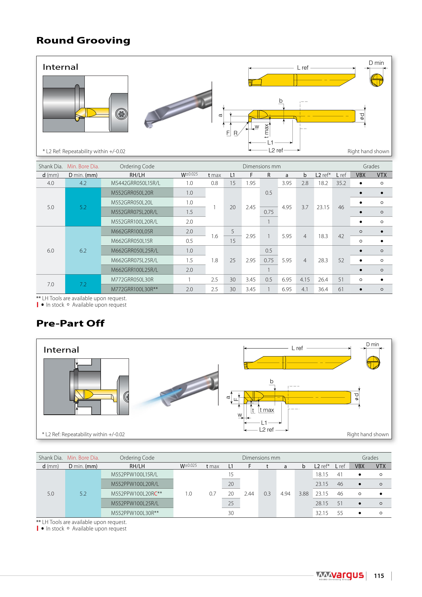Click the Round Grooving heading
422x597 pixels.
83,41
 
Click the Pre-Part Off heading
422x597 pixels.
70,323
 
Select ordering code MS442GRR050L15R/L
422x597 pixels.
135,183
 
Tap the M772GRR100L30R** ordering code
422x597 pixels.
134,289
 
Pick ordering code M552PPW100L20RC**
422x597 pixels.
136,494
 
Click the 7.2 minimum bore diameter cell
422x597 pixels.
83,284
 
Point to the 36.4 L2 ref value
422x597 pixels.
323,289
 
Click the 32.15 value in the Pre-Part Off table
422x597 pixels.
322,513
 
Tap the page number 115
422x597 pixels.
379,576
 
